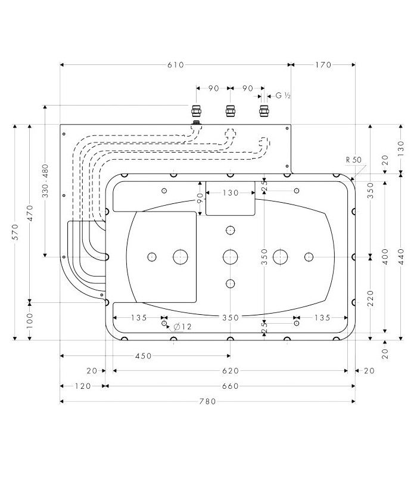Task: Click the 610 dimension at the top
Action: pos(175,65)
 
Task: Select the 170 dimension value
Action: pos(322,65)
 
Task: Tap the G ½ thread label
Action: pos(282,95)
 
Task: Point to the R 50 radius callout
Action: pos(353,159)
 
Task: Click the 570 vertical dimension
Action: pos(16,232)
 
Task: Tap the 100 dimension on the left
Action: pos(30,321)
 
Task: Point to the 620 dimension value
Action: pos(230,371)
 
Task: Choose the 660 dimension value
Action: pos(230,386)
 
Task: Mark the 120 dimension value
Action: pos(83,386)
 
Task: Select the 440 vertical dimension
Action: pos(400,256)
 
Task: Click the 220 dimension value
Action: pos(371,298)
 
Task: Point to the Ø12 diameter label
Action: pos(183,326)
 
